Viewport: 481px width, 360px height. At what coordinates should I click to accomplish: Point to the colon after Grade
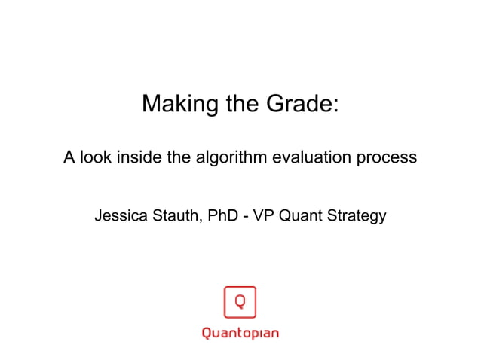335,105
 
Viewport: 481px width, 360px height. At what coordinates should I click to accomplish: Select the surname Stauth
173,216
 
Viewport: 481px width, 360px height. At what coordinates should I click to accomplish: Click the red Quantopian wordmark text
240,333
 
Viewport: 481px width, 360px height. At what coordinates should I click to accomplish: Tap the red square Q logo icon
240,303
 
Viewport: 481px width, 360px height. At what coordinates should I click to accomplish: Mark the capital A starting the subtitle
69,158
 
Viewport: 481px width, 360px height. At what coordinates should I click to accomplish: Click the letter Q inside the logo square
240,302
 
